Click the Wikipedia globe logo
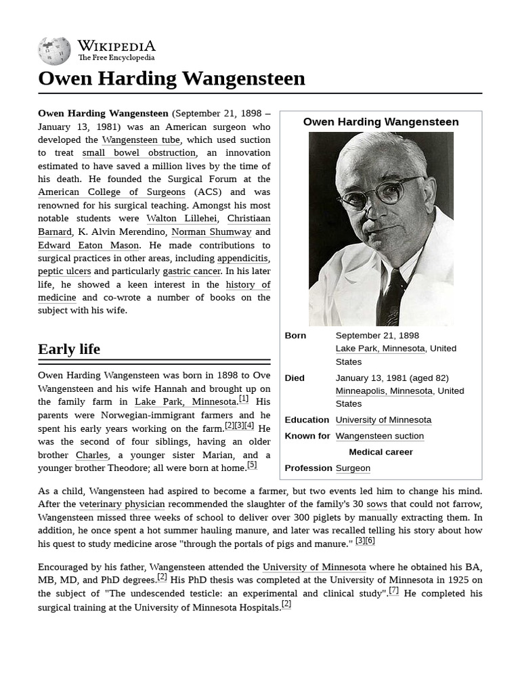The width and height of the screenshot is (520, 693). pyautogui.click(x=54, y=51)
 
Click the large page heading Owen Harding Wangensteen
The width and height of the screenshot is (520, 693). pyautogui.click(x=171, y=79)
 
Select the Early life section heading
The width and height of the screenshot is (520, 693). pyautogui.click(x=69, y=349)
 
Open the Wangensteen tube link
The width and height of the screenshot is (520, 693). pyautogui.click(x=141, y=140)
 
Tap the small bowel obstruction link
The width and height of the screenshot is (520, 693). pyautogui.click(x=139, y=153)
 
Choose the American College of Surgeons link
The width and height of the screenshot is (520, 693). pyautogui.click(x=112, y=192)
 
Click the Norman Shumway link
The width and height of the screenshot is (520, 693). pyautogui.click(x=211, y=232)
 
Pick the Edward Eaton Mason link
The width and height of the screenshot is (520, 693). pyautogui.click(x=88, y=245)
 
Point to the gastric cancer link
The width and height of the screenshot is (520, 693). pyautogui.click(x=192, y=271)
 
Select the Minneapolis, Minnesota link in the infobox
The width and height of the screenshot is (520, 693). pyautogui.click(x=384, y=391)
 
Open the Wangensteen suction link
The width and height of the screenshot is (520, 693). pyautogui.click(x=379, y=437)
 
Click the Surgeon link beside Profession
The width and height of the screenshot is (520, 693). pyautogui.click(x=353, y=468)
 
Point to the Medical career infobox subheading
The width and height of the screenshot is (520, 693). pyautogui.click(x=381, y=452)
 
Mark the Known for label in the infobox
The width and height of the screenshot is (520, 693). pyautogui.click(x=307, y=437)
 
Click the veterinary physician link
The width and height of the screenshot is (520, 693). pyautogui.click(x=122, y=504)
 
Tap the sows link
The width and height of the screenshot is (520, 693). pyautogui.click(x=376, y=504)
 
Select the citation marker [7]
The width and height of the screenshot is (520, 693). pyautogui.click(x=393, y=590)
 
